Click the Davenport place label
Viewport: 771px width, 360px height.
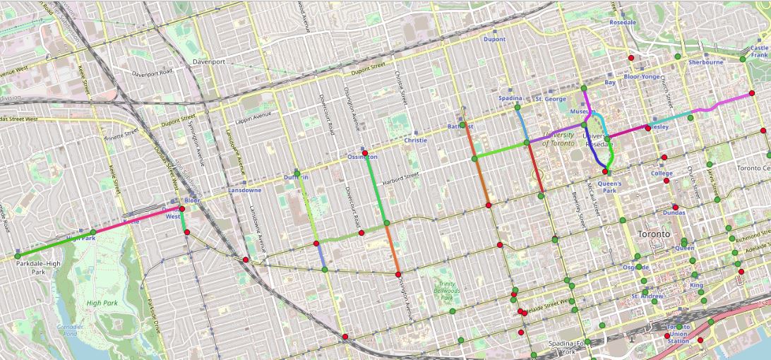pyautogui.click(x=208, y=61)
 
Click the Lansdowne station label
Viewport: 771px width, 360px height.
pyautogui.click(x=245, y=191)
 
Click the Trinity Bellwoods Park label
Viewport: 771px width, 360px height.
pyautogui.click(x=446, y=290)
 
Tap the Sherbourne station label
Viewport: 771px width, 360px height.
pyautogui.click(x=705, y=62)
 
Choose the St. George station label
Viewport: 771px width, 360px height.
pyautogui.click(x=551, y=99)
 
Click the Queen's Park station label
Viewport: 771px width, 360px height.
pyautogui.click(x=609, y=186)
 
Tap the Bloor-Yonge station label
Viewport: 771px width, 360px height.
pyautogui.click(x=641, y=76)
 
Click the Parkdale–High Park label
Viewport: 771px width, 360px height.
pyautogui.click(x=38, y=267)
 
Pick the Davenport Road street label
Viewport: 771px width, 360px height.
pyautogui.click(x=152, y=73)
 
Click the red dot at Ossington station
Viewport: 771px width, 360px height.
pyautogui.click(x=364, y=153)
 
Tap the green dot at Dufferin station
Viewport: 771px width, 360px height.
pyautogui.click(x=297, y=173)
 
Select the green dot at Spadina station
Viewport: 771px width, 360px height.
pyautogui.click(x=518, y=107)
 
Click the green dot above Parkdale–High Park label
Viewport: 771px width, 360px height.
pyautogui.click(x=18, y=256)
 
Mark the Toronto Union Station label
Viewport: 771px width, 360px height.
pyautogui.click(x=678, y=334)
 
